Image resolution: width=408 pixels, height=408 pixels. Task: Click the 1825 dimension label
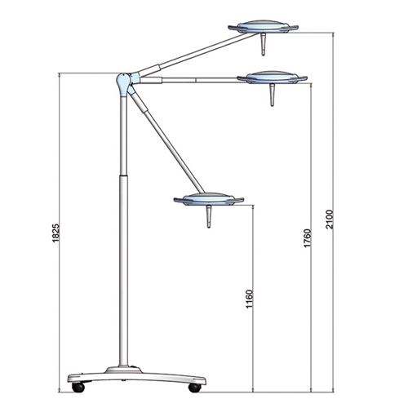coord(55,233)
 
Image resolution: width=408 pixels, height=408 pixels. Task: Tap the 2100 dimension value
coord(330,220)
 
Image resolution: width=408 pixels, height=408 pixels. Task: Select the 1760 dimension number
coord(307,238)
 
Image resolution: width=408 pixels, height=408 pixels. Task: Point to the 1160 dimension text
coord(249,299)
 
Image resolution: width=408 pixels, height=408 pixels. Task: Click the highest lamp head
coord(263,27)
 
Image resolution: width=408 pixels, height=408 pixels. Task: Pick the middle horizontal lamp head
coord(272,78)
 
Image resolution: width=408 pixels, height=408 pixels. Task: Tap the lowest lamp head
coord(209,199)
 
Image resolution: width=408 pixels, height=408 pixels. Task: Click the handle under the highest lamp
coord(263,44)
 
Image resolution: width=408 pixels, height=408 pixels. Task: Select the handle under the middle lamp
coord(272,95)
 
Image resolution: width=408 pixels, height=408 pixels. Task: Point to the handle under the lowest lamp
coord(209,217)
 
